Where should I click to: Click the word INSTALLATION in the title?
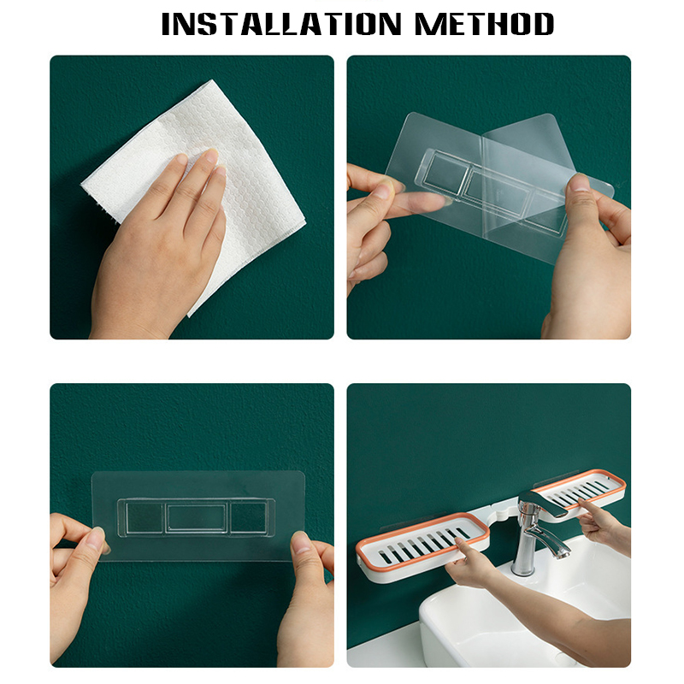281,24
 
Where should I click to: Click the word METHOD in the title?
484,24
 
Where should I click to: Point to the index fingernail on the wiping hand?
212,156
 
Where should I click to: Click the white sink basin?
523,619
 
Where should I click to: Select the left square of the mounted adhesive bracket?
144,517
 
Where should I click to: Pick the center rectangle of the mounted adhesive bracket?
197,518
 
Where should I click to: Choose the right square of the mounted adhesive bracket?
248,517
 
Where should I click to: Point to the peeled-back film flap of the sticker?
523,148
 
